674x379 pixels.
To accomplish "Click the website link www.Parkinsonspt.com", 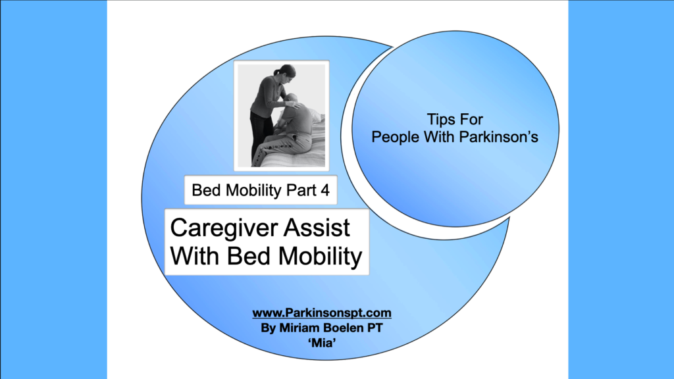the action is [x=321, y=313].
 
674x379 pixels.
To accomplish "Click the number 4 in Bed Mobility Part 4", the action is [x=325, y=190].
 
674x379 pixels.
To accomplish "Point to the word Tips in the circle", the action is [x=438, y=120].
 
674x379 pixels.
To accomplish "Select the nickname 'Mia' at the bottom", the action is [x=322, y=343].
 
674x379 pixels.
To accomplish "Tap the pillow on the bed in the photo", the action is [x=315, y=115].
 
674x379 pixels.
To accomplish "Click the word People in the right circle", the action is [x=396, y=137].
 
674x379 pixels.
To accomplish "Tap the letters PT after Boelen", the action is [x=375, y=328].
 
